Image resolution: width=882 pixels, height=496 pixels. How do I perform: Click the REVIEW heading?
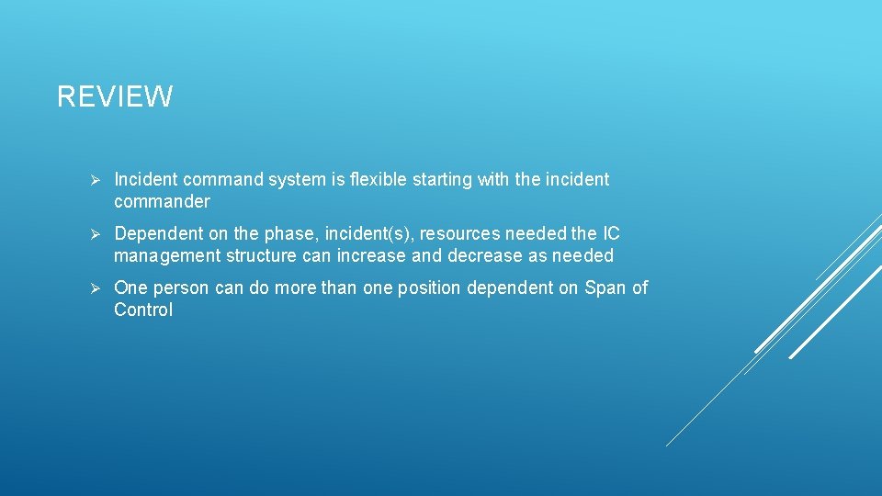(x=115, y=96)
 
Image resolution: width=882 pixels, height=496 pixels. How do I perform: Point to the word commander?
(x=162, y=201)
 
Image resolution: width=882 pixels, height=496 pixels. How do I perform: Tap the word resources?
(x=460, y=234)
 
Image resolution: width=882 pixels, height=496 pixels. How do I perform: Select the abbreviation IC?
(x=610, y=234)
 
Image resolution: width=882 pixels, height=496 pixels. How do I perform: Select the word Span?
(x=605, y=288)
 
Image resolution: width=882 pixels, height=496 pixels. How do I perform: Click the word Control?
(x=143, y=310)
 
